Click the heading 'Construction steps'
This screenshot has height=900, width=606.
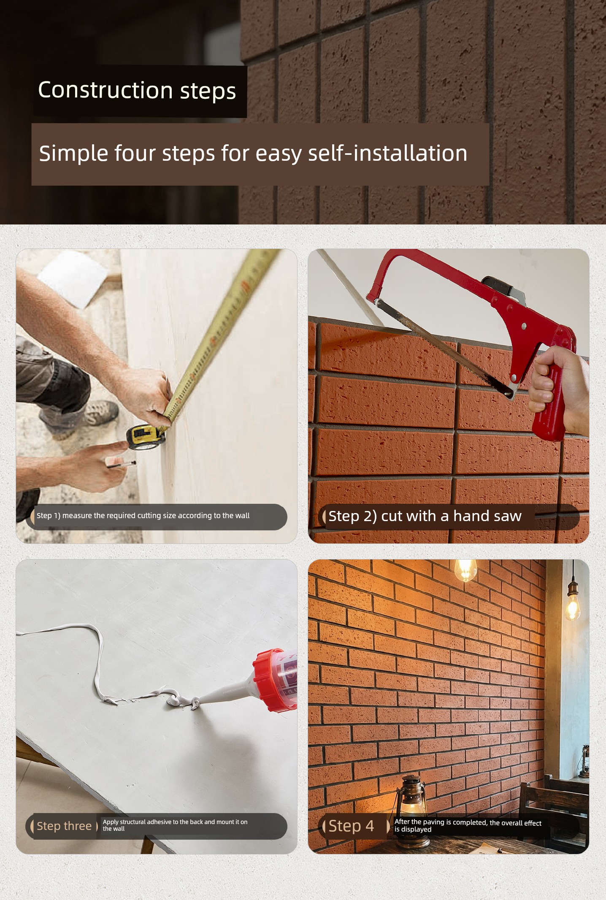[x=137, y=91]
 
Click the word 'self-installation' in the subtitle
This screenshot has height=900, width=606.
[x=388, y=153]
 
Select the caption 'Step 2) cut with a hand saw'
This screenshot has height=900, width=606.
[x=425, y=516]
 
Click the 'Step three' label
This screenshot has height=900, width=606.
[x=64, y=826]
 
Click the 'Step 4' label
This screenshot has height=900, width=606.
[x=351, y=826]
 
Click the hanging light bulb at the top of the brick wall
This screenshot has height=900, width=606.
[x=465, y=570]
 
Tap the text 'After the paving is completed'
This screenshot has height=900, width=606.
[x=441, y=822]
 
